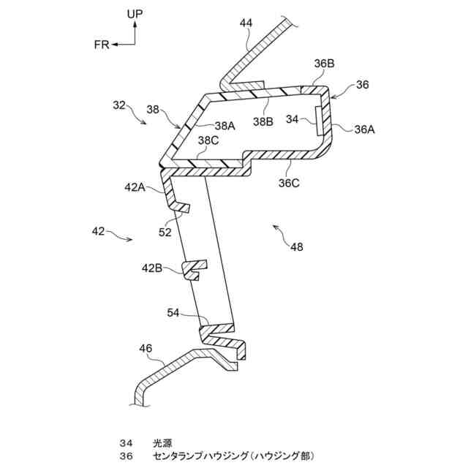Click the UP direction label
pyautogui.click(x=135, y=14)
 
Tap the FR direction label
pyautogui.click(x=102, y=45)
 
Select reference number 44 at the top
pyautogui.click(x=246, y=23)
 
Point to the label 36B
pyautogui.click(x=325, y=64)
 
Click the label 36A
pyautogui.click(x=364, y=129)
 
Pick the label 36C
pyautogui.click(x=288, y=184)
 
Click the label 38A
pyautogui.click(x=225, y=125)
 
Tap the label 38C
pyautogui.click(x=208, y=140)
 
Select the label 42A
pyautogui.click(x=135, y=186)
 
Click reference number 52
pyautogui.click(x=165, y=233)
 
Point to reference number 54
pyautogui.click(x=173, y=313)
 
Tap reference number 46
pyautogui.click(x=146, y=349)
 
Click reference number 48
pyautogui.click(x=296, y=247)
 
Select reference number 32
pyautogui.click(x=119, y=105)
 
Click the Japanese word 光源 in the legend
pyautogui.click(x=162, y=443)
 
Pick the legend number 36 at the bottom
pyautogui.click(x=126, y=456)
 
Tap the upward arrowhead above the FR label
pyautogui.click(x=135, y=24)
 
